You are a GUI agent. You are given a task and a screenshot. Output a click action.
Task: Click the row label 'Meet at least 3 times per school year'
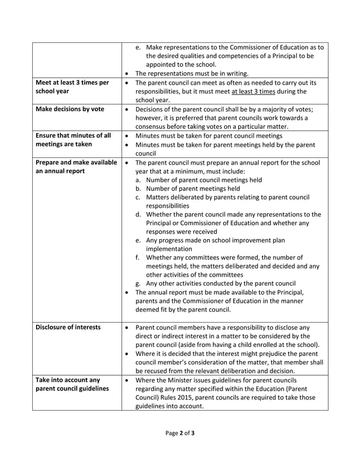[x=72, y=86]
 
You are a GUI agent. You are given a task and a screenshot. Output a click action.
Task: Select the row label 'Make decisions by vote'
[x=69, y=109]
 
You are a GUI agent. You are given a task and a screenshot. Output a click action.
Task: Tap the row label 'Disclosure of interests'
[x=68, y=327]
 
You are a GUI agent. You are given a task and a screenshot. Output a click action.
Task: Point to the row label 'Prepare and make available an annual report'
[x=76, y=167]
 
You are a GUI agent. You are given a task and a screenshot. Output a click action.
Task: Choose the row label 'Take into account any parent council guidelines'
[x=72, y=385]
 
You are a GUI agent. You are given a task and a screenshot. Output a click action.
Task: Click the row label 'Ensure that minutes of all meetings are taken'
[x=73, y=140]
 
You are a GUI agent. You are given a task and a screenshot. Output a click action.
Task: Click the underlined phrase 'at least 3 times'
[x=255, y=91]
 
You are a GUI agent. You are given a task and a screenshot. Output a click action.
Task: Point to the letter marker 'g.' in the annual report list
[x=139, y=283]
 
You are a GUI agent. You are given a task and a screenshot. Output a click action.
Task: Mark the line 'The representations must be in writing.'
[x=192, y=73]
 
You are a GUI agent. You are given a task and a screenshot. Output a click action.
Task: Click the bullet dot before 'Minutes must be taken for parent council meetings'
[x=127, y=136]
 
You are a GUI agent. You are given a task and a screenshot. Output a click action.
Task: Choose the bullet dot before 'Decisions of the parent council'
[x=127, y=109]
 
